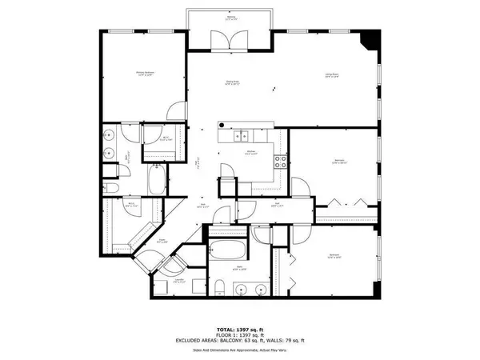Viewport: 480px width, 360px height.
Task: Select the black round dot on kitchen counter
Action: click(x=223, y=125)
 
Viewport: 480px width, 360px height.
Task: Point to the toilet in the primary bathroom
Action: click(x=113, y=187)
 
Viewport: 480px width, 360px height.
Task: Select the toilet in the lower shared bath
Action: click(x=221, y=288)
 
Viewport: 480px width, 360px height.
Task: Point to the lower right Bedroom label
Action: click(x=334, y=257)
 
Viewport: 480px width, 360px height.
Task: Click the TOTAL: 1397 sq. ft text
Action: click(x=239, y=329)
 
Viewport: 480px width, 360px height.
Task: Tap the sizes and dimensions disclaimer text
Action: click(x=239, y=350)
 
